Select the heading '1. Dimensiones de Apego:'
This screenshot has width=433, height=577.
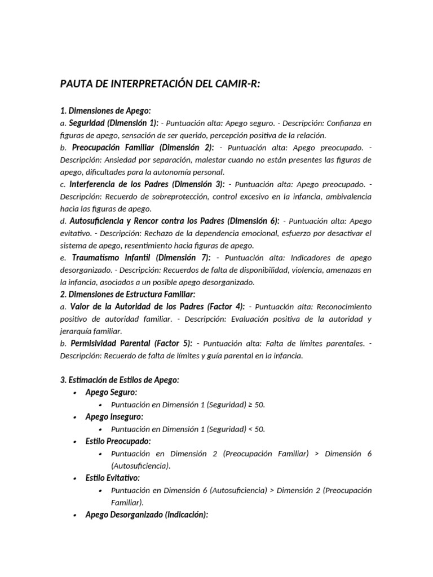point(105,110)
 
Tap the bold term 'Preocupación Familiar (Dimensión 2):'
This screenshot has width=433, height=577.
point(143,148)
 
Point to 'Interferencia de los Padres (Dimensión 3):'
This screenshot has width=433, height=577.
point(147,184)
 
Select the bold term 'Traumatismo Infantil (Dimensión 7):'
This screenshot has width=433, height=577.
point(140,258)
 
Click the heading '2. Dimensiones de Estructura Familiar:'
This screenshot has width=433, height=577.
point(127,294)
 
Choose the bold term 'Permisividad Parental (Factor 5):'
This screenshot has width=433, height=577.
point(131,343)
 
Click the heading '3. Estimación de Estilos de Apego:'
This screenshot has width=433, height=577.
point(120,380)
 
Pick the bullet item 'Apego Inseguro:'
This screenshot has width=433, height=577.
point(114,416)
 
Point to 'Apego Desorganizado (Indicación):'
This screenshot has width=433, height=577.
point(147,514)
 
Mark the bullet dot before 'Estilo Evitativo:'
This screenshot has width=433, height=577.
point(74,478)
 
